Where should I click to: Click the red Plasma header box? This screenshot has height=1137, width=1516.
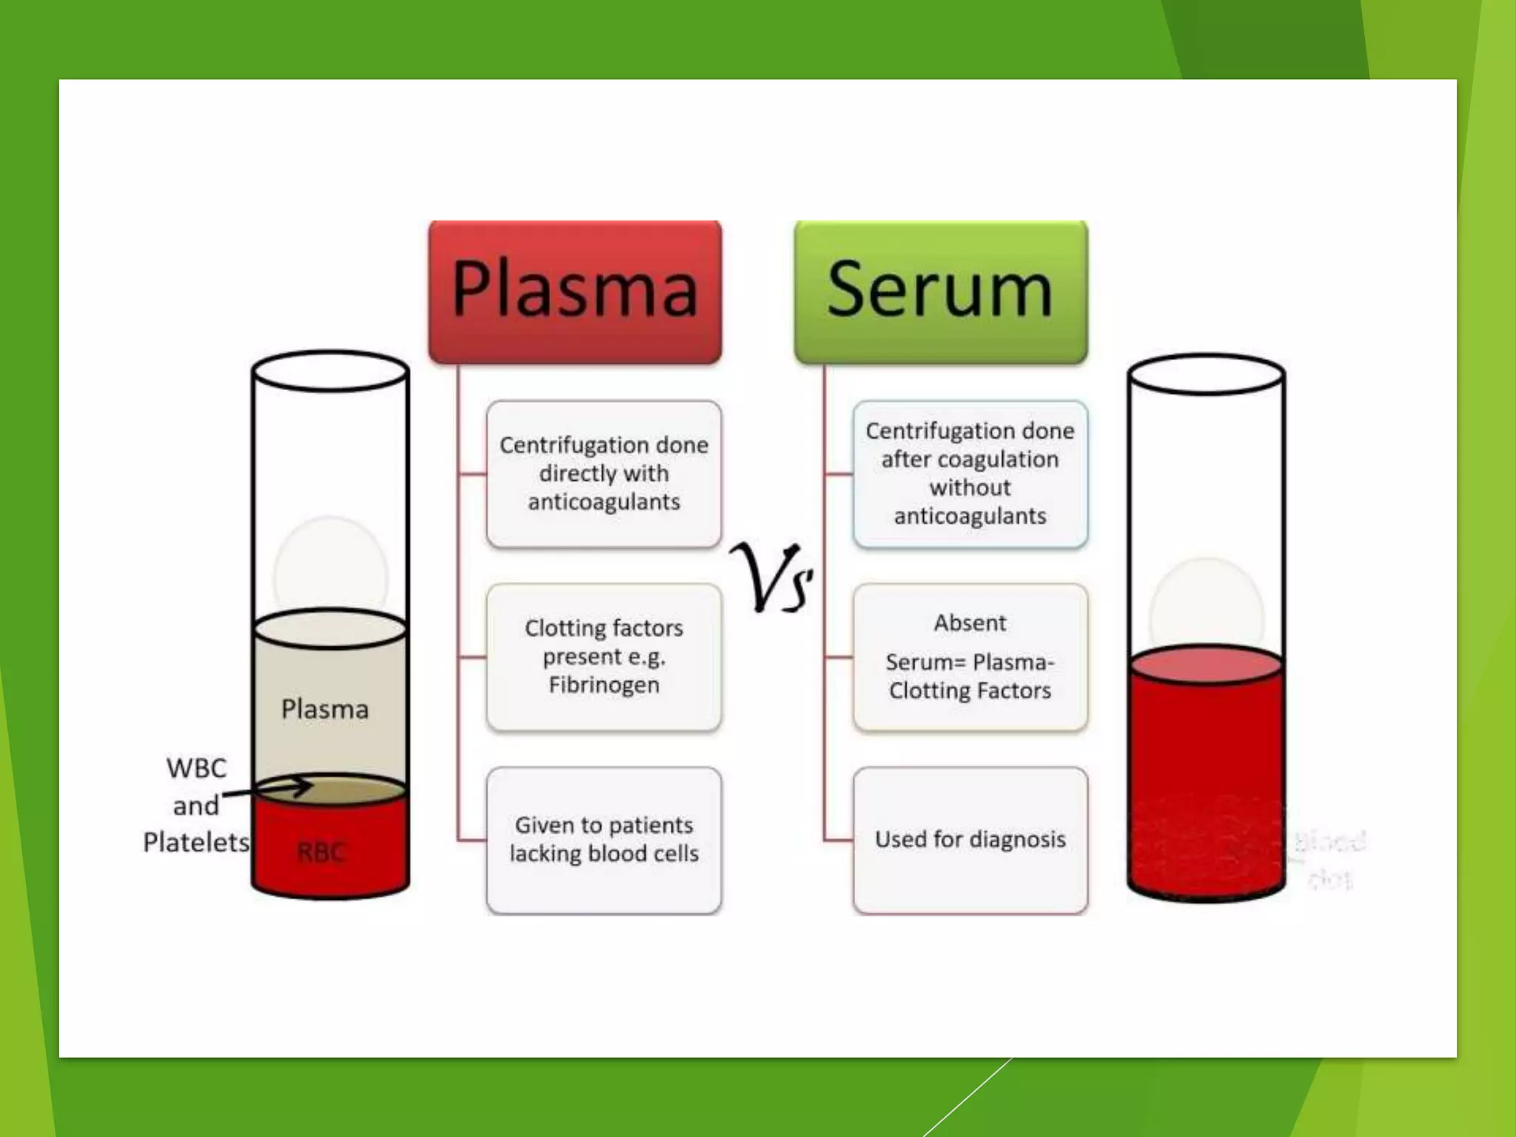point(575,291)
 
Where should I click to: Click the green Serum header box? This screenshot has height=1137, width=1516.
point(940,291)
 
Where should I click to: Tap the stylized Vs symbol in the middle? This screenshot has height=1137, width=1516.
point(772,578)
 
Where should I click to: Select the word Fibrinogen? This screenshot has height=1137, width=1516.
point(603,685)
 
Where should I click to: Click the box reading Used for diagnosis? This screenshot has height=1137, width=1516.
point(970,839)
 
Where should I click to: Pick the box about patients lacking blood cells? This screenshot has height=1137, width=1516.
point(603,839)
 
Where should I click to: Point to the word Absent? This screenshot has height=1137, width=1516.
point(970,623)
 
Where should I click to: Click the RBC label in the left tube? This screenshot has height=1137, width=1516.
point(321,852)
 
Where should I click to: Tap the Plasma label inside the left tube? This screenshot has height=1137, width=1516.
point(324,709)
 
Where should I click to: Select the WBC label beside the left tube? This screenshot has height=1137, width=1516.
point(196,768)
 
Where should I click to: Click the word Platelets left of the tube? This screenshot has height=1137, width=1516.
point(196,842)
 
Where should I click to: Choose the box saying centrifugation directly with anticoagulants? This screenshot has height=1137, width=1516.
point(603,474)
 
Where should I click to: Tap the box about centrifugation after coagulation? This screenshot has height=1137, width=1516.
point(970,474)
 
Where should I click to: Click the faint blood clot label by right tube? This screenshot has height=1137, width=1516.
point(1330,859)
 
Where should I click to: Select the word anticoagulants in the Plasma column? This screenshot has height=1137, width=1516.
point(603,502)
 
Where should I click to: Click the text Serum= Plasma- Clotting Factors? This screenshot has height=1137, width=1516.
point(970,676)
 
